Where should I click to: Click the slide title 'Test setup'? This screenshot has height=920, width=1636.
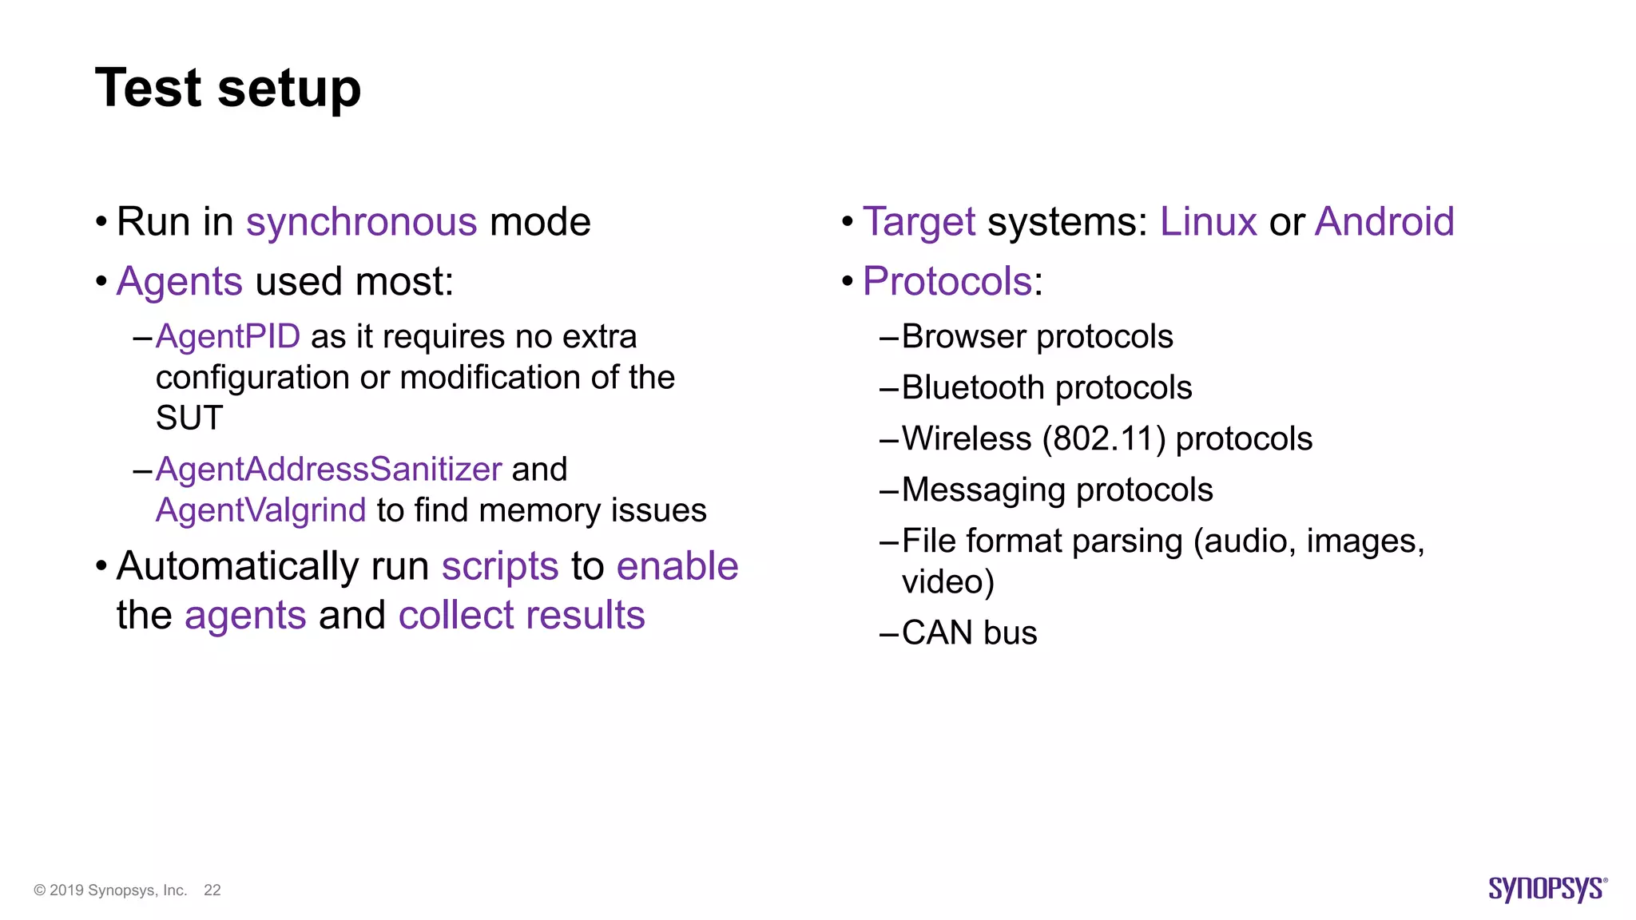pos(228,88)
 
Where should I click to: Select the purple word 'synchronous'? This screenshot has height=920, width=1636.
pos(361,222)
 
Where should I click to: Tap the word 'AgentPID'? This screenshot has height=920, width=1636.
pos(228,337)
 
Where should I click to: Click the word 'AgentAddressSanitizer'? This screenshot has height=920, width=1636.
pos(328,470)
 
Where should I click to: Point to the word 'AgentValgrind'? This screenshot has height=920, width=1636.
pos(260,510)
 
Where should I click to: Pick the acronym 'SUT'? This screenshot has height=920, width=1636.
pos(189,418)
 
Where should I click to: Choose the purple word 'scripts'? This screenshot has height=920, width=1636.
pos(499,567)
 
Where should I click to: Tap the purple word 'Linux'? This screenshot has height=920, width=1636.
pos(1208,222)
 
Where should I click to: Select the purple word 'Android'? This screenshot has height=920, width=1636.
pos(1384,222)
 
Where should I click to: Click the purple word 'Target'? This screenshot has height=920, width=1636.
pos(919,222)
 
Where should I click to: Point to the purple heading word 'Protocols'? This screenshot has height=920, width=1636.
pos(947,282)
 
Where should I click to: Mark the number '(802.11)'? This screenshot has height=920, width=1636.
pos(1104,439)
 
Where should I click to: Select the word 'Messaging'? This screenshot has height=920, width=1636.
pos(983,490)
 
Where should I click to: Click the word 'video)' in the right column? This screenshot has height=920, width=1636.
pos(947,582)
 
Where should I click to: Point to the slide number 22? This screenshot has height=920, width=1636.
pos(212,890)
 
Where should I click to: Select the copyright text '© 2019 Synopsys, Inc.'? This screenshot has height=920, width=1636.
pos(110,890)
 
